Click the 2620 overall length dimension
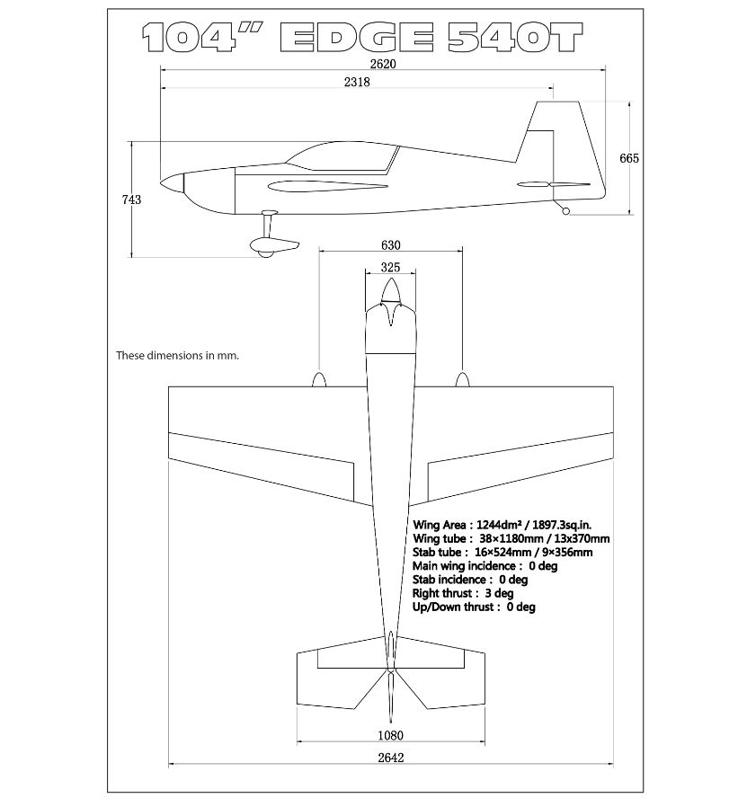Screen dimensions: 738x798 point(383,64)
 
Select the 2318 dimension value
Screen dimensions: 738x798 point(357,82)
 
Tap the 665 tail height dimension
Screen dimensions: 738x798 point(629,158)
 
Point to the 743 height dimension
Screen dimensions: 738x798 point(131,199)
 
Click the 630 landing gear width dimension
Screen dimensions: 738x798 point(390,245)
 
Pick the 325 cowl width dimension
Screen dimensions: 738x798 point(390,267)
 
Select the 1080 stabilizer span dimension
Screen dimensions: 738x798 point(390,735)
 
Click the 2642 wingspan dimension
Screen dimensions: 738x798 point(390,758)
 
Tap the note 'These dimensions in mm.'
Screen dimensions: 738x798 point(177,355)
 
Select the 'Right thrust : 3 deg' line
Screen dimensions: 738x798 point(463,593)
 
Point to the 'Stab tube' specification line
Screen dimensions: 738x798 point(502,552)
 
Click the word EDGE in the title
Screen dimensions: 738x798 point(356,37)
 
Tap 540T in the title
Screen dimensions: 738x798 point(515,37)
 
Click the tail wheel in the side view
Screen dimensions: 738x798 point(565,211)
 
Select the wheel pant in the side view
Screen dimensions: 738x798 point(274,247)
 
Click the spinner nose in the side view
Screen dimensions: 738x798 point(172,183)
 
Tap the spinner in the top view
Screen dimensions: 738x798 point(390,290)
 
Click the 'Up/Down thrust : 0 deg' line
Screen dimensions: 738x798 point(474,607)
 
